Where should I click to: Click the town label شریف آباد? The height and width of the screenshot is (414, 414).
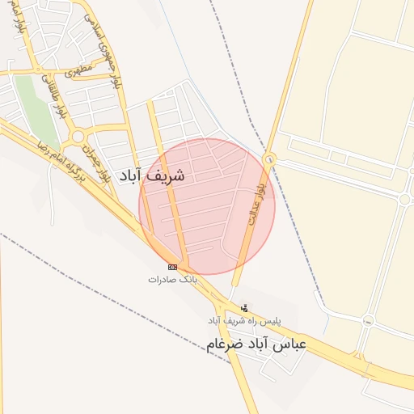coord(152,175)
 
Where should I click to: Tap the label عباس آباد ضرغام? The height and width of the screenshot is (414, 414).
coord(256,344)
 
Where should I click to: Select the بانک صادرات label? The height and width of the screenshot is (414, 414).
coord(172,279)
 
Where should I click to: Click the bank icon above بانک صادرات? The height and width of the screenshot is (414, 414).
coord(172,267)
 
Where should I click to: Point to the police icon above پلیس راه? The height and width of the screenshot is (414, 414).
coord(245,307)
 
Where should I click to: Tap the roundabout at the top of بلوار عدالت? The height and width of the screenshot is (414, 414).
coord(268,159)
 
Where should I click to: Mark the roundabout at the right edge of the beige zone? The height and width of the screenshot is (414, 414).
coord(404,199)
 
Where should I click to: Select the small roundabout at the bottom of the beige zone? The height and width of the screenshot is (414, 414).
coord(369,321)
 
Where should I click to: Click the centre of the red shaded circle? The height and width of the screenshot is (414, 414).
coord(207,206)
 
